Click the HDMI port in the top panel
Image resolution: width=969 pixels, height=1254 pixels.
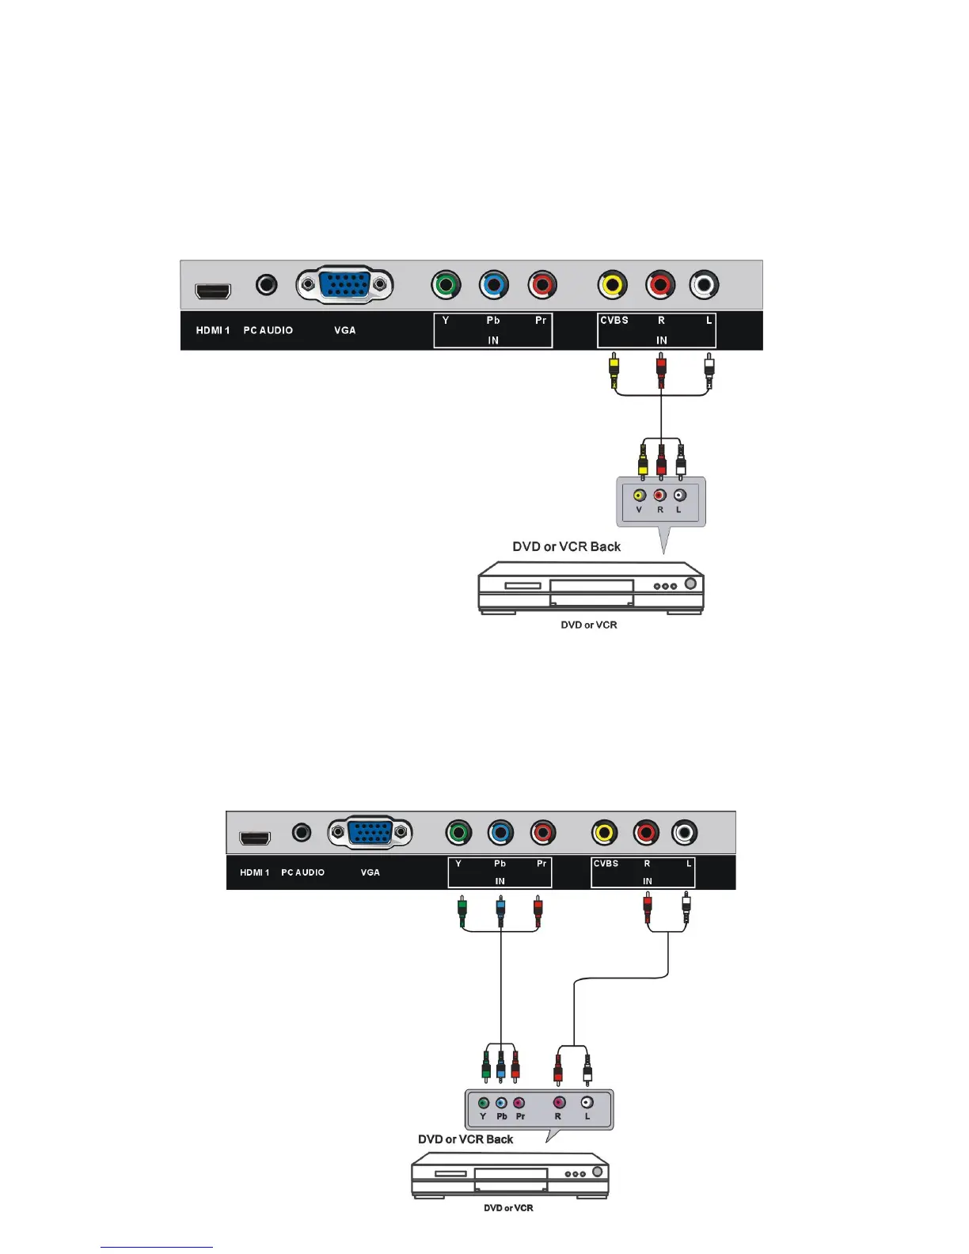(213, 291)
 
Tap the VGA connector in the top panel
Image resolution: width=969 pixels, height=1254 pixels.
(345, 284)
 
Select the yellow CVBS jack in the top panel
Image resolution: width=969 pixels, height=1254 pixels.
(612, 284)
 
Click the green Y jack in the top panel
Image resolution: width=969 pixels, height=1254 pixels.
(446, 284)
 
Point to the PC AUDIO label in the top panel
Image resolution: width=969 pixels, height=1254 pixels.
(268, 330)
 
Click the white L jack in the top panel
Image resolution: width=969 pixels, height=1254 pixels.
(704, 284)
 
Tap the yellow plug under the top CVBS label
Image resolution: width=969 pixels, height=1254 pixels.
(614, 370)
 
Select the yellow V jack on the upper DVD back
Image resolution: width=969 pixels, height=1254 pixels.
(639, 496)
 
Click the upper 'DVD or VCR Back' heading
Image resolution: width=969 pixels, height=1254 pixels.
(566, 546)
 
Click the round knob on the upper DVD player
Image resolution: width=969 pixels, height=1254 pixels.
(690, 584)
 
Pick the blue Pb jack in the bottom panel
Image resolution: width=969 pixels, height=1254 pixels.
(500, 832)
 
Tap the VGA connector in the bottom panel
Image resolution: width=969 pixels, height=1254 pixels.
(370, 832)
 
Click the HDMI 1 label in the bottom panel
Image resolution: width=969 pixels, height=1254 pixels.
(254, 872)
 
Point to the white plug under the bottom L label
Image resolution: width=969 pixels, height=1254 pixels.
(686, 908)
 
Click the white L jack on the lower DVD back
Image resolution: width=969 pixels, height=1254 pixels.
(587, 1102)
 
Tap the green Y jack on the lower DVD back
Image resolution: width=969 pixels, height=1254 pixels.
(483, 1103)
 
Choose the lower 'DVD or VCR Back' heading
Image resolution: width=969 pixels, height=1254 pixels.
(465, 1139)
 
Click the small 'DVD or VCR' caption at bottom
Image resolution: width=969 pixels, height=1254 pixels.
(508, 1208)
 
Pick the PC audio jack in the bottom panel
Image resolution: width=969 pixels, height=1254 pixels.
(301, 832)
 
